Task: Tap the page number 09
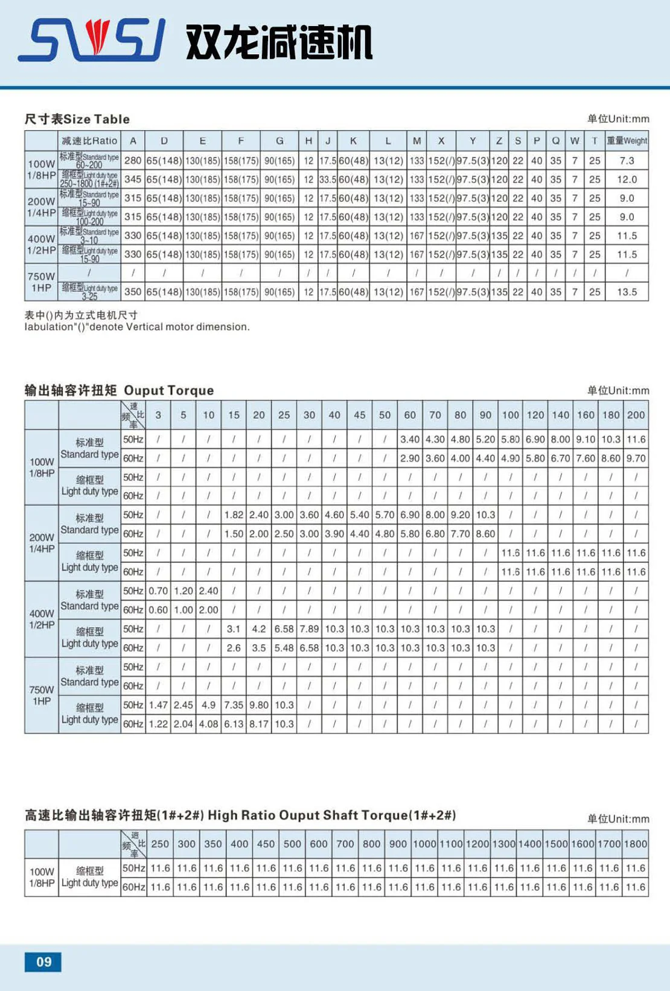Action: [43, 961]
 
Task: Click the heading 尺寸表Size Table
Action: [77, 119]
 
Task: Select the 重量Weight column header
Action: [627, 141]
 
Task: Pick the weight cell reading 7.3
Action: [627, 160]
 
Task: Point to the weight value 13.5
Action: [627, 292]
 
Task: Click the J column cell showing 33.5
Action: [328, 179]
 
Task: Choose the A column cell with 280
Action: [133, 160]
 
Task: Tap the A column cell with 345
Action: [133, 179]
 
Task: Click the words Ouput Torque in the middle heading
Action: [168, 390]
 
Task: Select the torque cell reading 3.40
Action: [410, 440]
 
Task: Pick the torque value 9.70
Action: [636, 458]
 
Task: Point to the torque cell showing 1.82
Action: [234, 515]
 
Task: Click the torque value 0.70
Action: [158, 590]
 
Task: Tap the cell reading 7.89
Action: [309, 628]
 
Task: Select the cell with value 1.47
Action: [158, 704]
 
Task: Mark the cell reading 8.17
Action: [259, 724]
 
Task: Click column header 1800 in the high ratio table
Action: [636, 844]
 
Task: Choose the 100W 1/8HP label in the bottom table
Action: [42, 877]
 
